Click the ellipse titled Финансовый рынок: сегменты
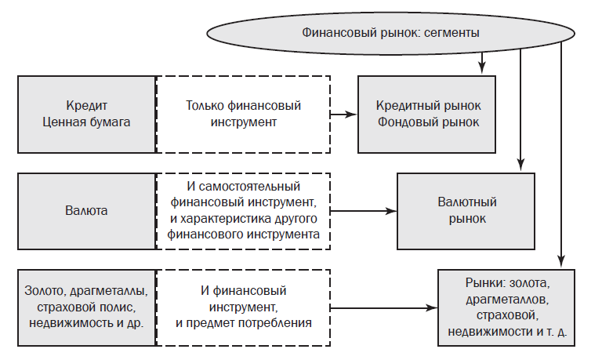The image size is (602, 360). (390, 34)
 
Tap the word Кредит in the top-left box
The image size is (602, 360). (87, 105)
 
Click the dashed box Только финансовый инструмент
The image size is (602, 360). (243, 114)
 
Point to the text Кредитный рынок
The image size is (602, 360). (428, 105)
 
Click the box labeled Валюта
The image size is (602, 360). (87, 211)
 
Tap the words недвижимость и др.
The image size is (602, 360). (87, 323)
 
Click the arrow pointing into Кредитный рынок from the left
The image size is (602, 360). (343, 114)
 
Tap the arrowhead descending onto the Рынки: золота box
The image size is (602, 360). (561, 264)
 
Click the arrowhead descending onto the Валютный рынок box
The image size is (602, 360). (520, 166)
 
